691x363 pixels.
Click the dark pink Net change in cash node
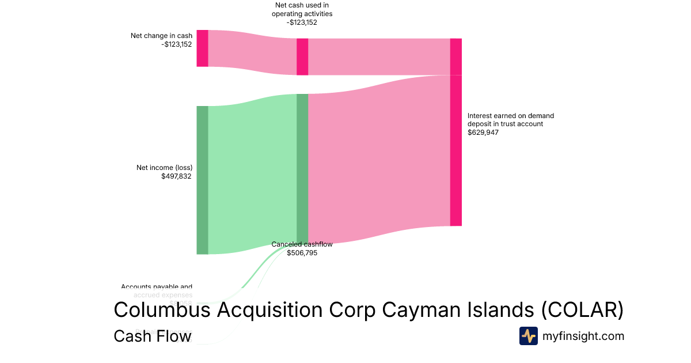202,48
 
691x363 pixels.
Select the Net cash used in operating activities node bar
302,56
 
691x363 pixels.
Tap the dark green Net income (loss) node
202,180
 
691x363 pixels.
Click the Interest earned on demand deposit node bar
455,132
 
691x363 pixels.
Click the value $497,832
177,176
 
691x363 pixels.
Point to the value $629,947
483,133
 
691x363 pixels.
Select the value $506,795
302,253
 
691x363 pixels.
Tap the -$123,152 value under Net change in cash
177,44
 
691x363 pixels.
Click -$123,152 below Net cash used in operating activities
302,23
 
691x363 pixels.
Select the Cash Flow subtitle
153,336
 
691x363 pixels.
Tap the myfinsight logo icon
528,336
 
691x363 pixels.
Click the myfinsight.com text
583,336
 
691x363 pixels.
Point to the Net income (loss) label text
164,168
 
